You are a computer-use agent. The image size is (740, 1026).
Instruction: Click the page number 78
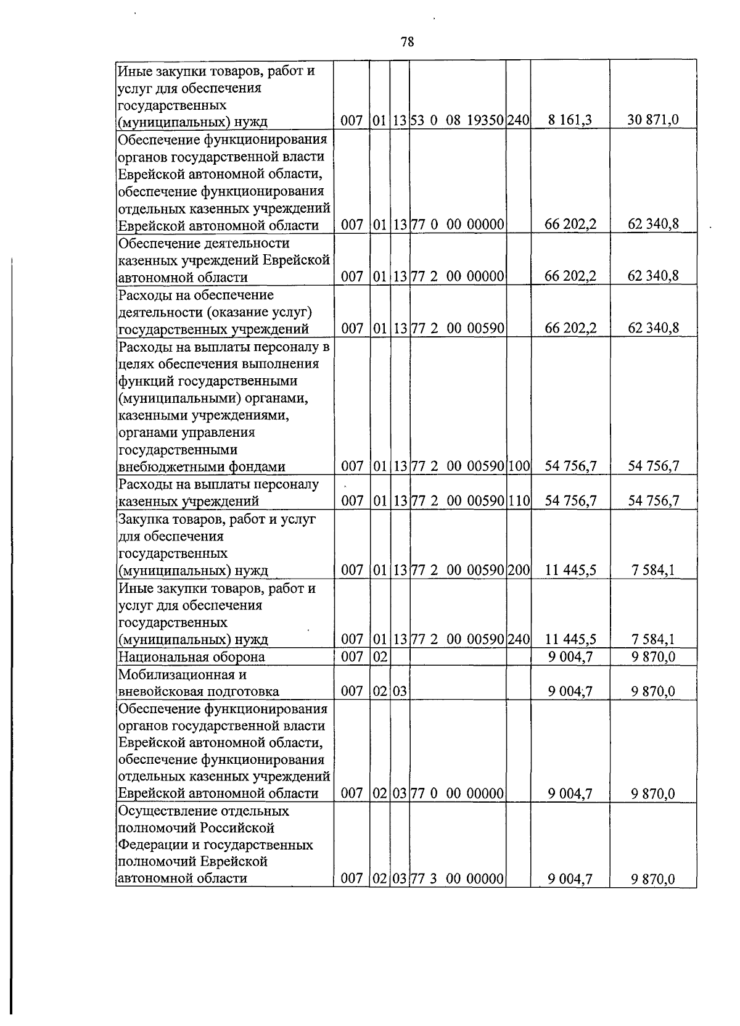407,42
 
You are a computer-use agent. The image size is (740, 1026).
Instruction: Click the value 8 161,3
570,120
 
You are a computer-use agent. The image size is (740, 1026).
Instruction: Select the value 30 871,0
653,120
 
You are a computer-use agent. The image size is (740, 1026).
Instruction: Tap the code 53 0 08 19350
458,120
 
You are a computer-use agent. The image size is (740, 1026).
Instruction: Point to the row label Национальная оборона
191,656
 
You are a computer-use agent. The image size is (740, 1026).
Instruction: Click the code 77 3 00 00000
458,879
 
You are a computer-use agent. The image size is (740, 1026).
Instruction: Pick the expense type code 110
518,500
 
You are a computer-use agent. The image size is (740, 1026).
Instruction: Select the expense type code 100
518,466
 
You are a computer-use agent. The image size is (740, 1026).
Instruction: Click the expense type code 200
518,569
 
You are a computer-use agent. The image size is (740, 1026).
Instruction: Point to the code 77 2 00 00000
458,276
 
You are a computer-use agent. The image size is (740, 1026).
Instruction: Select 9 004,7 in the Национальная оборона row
570,656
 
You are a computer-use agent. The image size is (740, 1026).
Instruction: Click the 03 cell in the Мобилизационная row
400,692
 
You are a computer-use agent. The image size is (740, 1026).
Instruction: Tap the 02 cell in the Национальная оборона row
379,656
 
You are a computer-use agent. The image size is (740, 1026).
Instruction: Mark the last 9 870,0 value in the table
653,879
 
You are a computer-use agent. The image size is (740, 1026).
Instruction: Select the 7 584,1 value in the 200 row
653,569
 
